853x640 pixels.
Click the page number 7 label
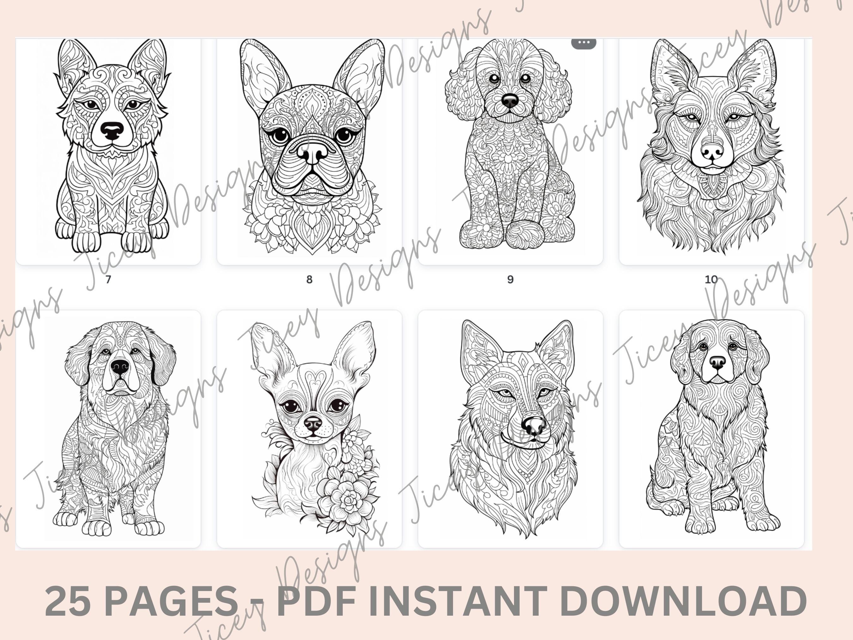(108, 279)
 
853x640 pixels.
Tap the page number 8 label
(309, 279)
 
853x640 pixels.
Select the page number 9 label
(510, 279)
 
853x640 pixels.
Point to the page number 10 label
(711, 279)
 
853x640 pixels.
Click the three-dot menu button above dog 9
(584, 42)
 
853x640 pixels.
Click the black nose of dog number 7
(112, 131)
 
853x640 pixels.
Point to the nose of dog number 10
(712, 151)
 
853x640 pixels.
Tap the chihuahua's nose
(313, 424)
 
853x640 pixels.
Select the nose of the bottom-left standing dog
(119, 367)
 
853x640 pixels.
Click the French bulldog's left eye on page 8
(281, 135)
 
